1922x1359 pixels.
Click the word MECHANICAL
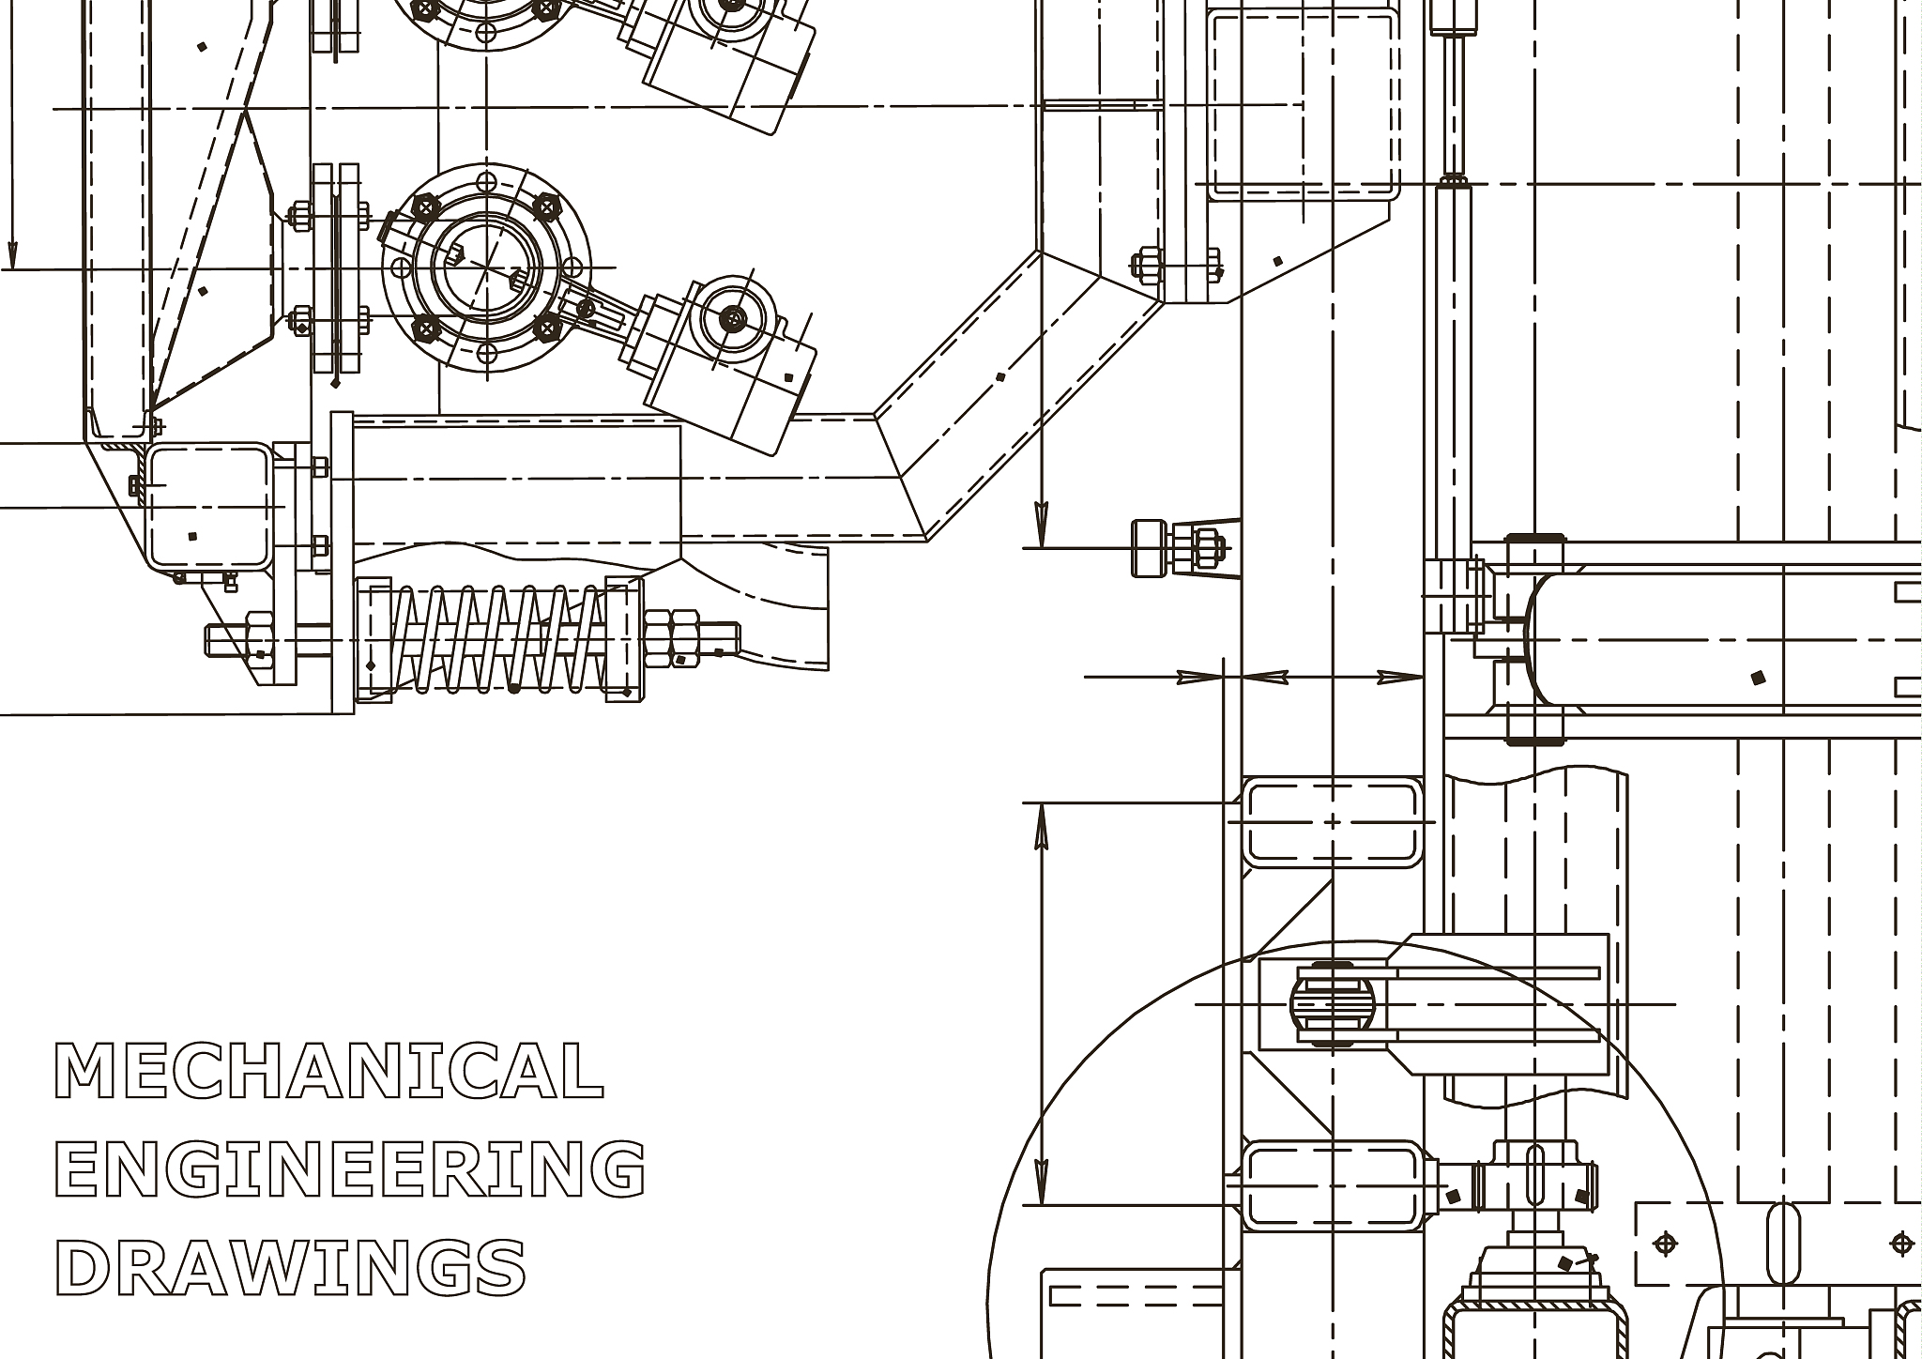coord(329,1071)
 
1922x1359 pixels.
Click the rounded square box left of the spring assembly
coord(208,506)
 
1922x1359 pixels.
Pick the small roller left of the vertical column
coord(1146,547)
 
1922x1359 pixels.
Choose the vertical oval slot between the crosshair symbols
coord(1784,1244)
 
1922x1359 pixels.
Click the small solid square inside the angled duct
coord(1000,377)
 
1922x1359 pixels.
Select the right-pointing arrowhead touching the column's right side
coord(1400,677)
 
